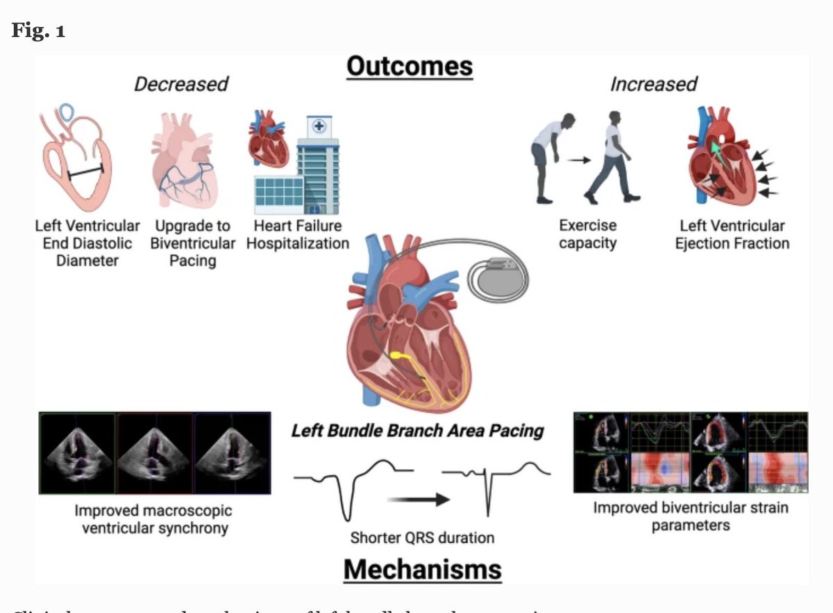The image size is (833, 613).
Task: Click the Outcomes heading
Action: (x=410, y=67)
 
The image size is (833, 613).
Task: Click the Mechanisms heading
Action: (x=422, y=569)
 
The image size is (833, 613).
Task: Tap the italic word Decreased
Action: (x=180, y=84)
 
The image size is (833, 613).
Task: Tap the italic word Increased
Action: (x=653, y=84)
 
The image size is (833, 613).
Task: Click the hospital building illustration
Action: (x=305, y=167)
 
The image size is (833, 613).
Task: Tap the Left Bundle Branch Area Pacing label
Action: (x=417, y=431)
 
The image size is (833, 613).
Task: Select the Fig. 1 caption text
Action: (x=38, y=31)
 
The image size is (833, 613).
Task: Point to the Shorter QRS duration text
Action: (x=422, y=537)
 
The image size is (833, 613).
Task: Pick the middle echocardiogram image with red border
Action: (x=154, y=452)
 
